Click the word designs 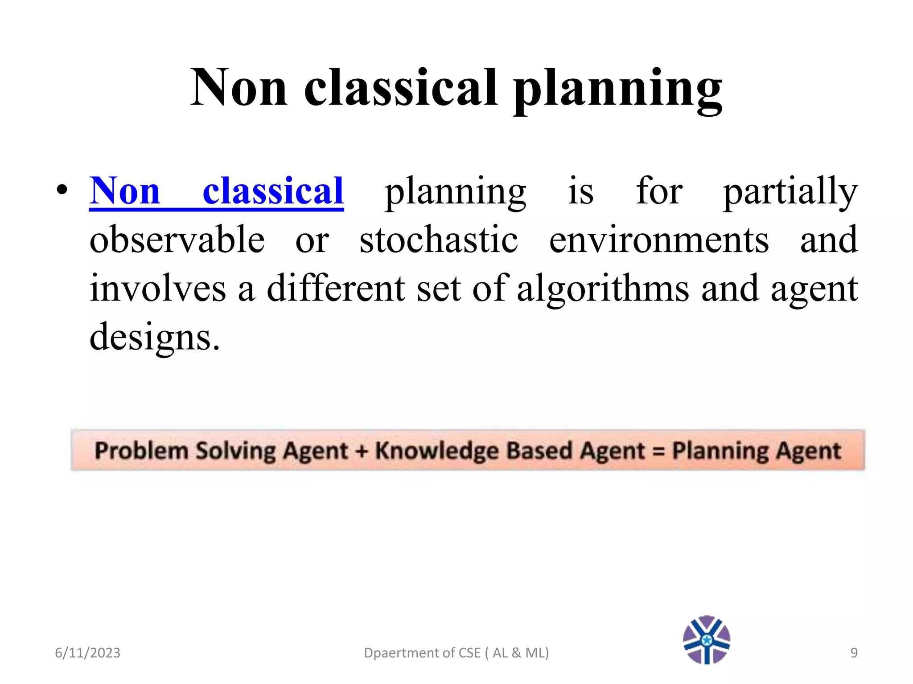[x=154, y=338]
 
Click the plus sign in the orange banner [x=362, y=451]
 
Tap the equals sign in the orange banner [x=658, y=451]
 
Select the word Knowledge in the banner [x=438, y=451]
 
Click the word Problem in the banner [x=141, y=451]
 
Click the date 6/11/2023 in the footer [x=87, y=653]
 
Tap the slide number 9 [x=854, y=653]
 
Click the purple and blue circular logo [x=707, y=640]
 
